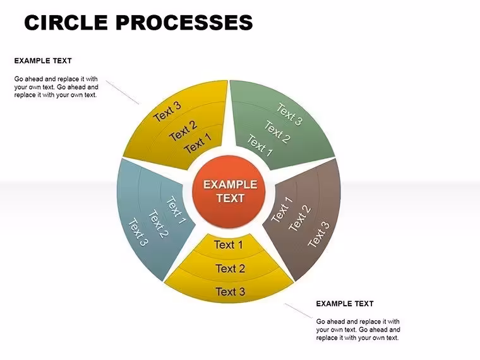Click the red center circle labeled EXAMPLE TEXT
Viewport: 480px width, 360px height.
click(229, 192)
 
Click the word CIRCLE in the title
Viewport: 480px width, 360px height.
click(66, 22)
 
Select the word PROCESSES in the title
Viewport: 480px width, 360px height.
click(184, 22)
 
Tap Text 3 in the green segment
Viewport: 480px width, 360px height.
click(289, 114)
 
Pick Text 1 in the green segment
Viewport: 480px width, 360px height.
click(260, 146)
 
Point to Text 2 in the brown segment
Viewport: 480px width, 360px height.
click(300, 218)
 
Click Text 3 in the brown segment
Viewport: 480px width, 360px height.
click(319, 234)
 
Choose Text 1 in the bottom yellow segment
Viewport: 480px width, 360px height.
click(229, 245)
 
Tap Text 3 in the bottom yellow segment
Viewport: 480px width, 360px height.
click(230, 292)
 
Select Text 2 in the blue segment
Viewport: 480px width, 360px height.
click(159, 224)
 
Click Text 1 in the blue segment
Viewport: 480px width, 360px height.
click(176, 210)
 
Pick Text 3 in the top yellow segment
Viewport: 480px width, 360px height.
click(167, 112)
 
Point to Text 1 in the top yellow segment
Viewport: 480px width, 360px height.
click(198, 143)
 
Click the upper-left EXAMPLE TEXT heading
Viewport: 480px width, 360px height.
click(43, 61)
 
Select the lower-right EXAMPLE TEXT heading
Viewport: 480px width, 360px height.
click(345, 304)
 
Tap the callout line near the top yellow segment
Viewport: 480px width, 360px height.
click(122, 92)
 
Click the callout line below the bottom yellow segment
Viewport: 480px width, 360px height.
click(299, 311)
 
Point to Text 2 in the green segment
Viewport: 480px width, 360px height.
click(277, 132)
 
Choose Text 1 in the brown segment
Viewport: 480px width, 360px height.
click(282, 210)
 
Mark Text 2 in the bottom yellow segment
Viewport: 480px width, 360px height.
click(230, 268)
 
